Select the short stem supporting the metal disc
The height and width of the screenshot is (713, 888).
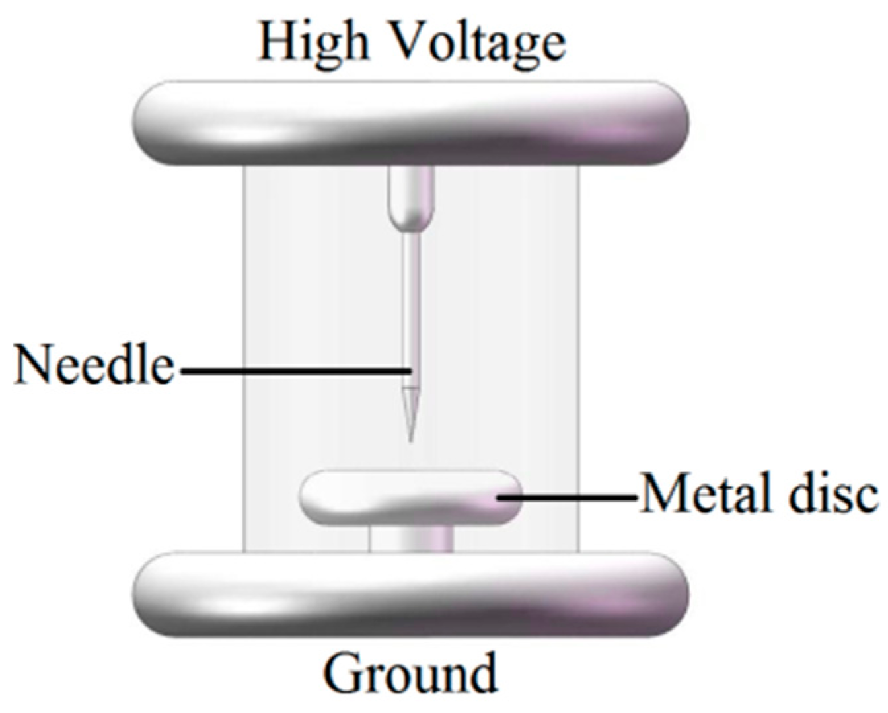click(411, 538)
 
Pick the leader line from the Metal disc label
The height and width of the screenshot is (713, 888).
click(568, 496)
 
